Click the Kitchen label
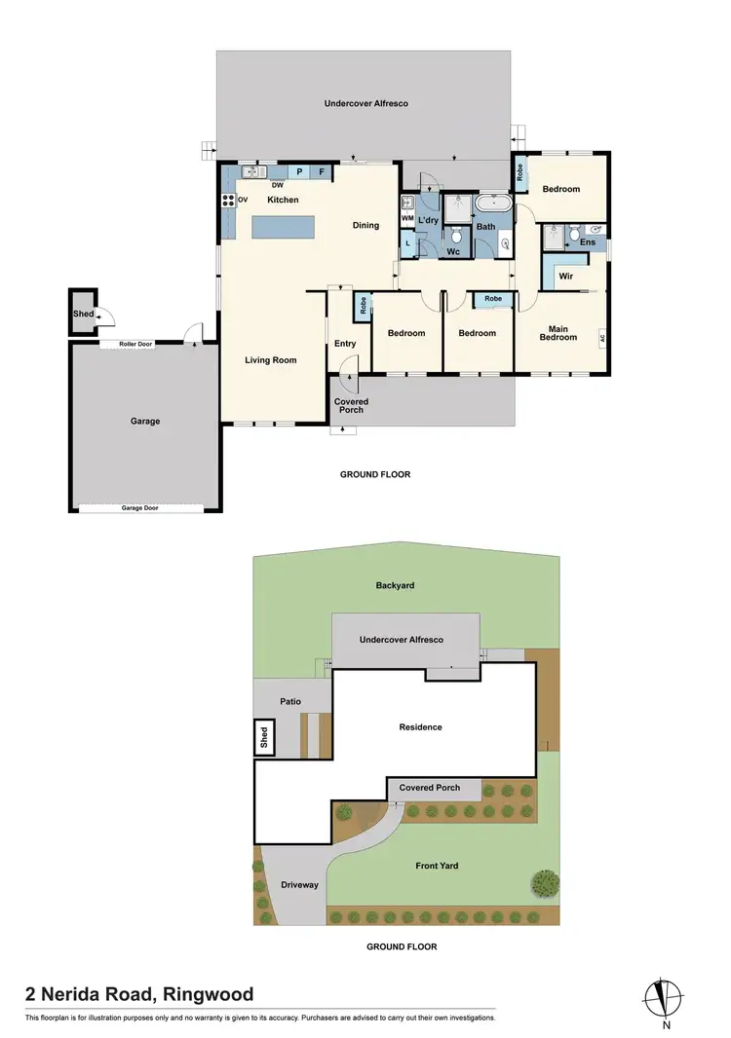pyautogui.click(x=283, y=200)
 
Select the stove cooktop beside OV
pyautogui.click(x=229, y=200)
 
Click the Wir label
pyautogui.click(x=565, y=277)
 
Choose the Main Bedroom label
pyautogui.click(x=558, y=333)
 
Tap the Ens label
pyautogui.click(x=588, y=241)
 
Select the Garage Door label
pyautogui.click(x=140, y=507)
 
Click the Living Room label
pyautogui.click(x=270, y=360)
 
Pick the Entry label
pyautogui.click(x=345, y=343)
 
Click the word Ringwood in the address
pyautogui.click(x=208, y=994)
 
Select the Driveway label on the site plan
pyautogui.click(x=299, y=885)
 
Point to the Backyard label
pyautogui.click(x=396, y=585)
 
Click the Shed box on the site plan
pyautogui.click(x=262, y=738)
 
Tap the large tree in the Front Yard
pyautogui.click(x=545, y=883)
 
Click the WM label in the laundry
pyautogui.click(x=406, y=219)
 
